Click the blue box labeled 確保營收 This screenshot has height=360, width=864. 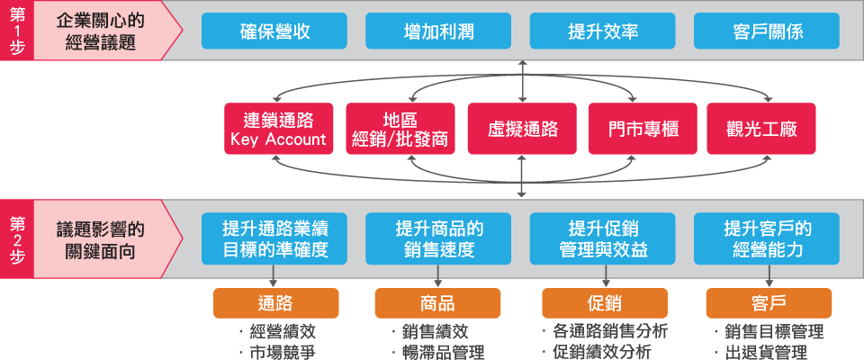275,31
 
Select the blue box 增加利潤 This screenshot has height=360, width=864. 439,31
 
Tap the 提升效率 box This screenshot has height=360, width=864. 603,31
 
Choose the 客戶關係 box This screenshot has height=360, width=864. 767,31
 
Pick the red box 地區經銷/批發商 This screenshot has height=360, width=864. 400,130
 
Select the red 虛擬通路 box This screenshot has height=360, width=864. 521,130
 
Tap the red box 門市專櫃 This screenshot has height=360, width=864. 643,130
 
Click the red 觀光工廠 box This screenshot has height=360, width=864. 764,130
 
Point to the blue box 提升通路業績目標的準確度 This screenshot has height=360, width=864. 275,238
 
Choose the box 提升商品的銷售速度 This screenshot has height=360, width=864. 439,238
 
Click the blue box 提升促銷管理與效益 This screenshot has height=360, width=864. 603,238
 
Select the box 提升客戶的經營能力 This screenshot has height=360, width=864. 767,238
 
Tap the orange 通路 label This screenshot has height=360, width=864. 275,303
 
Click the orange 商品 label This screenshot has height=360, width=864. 437,303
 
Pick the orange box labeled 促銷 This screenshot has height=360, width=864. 604,303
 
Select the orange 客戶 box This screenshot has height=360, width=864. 768,303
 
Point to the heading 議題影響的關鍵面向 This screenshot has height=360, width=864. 99,238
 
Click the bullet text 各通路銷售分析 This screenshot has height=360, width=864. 609,331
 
